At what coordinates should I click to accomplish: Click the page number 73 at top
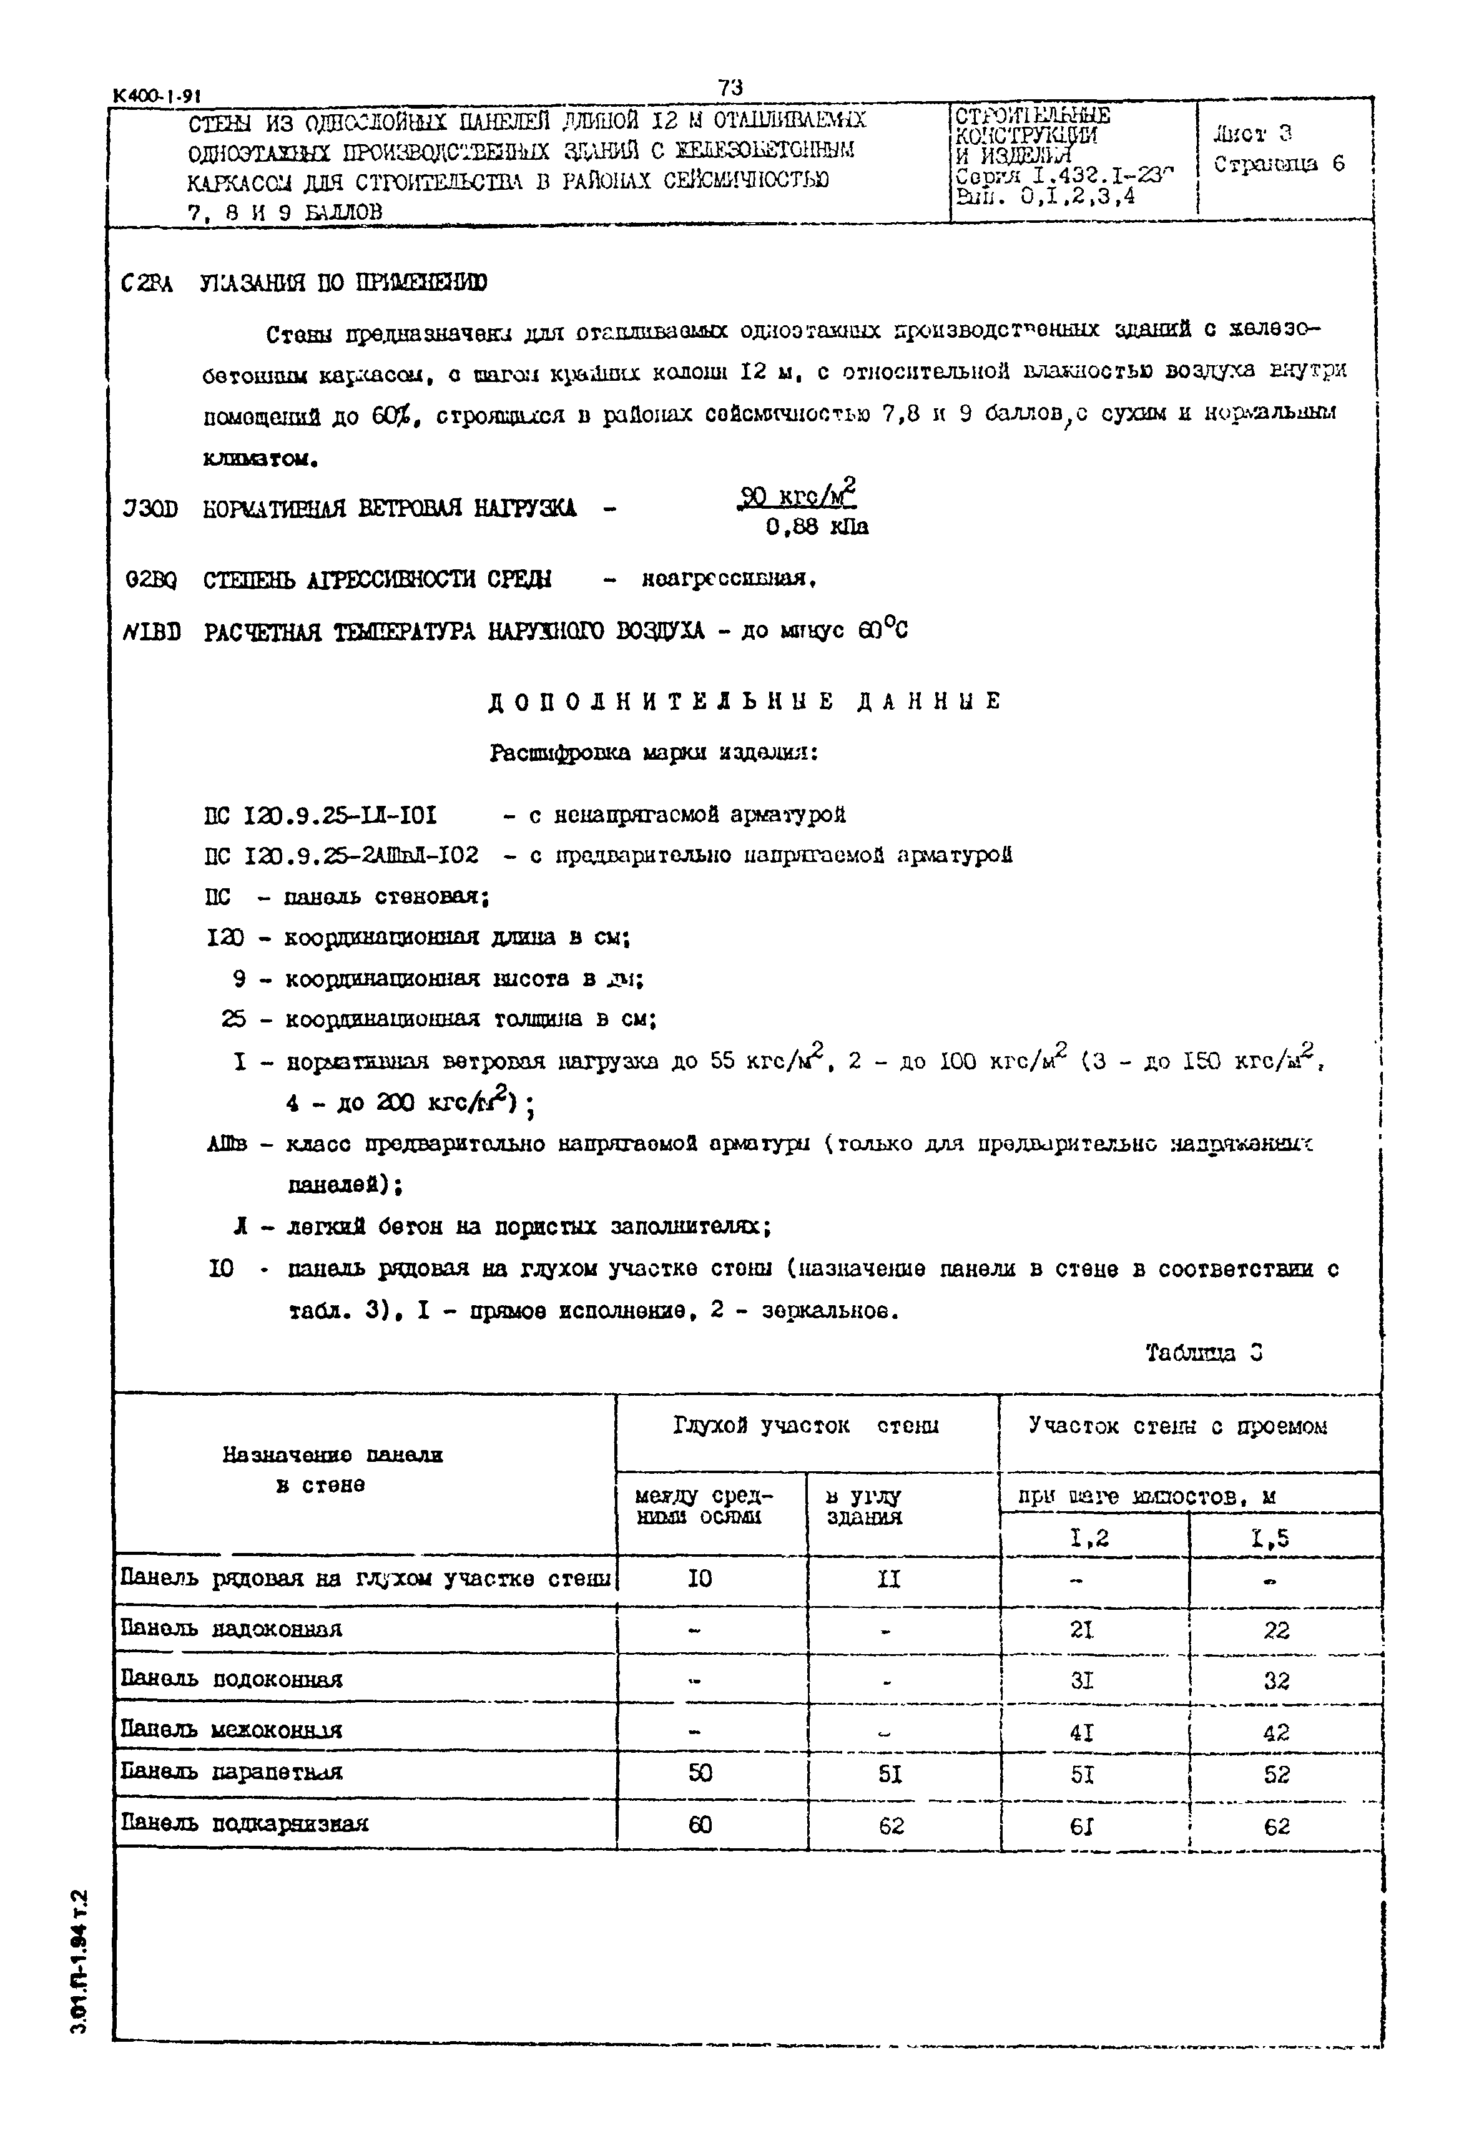[730, 87]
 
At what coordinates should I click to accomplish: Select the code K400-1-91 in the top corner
[157, 96]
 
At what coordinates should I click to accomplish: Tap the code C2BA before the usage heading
[147, 283]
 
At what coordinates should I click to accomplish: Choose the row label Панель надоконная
[232, 1629]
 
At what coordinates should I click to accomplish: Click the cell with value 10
[700, 1579]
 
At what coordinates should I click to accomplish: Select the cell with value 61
[1081, 1825]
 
